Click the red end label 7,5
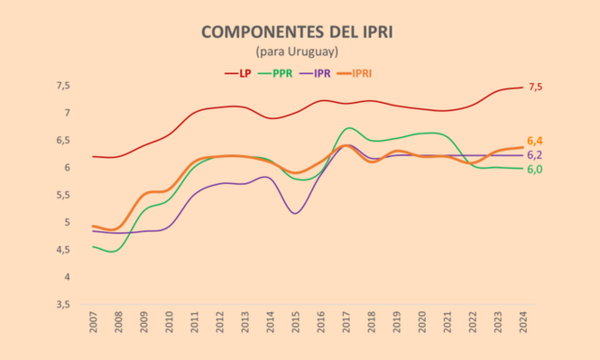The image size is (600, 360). [536, 87]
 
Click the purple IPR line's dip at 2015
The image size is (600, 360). [296, 213]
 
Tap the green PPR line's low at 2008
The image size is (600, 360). [113, 252]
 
